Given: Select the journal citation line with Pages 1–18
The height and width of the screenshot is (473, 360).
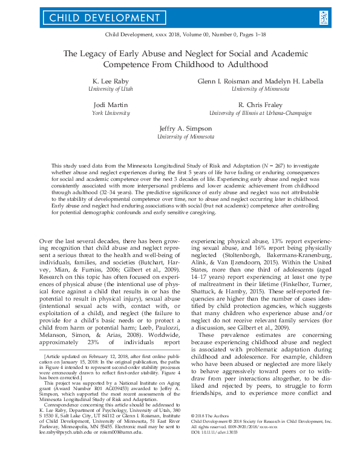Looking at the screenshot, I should [180, 36].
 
